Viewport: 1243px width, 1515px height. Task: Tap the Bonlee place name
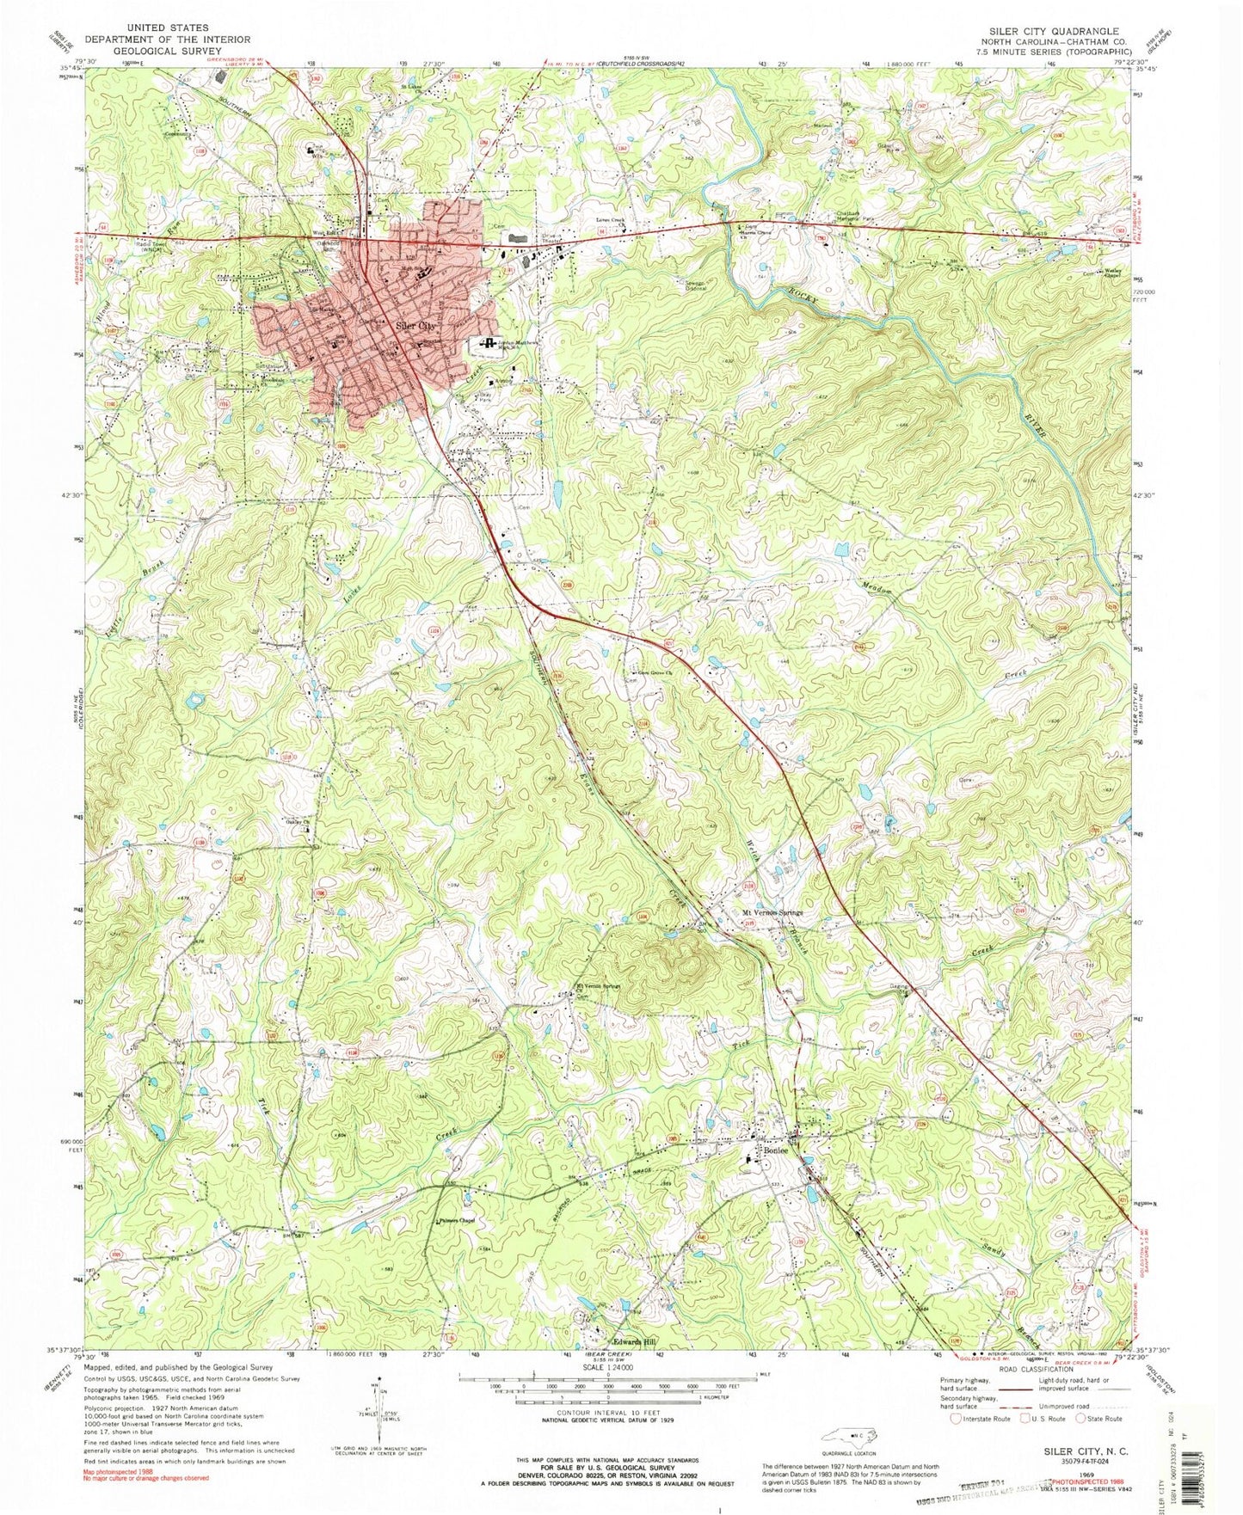point(770,1151)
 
